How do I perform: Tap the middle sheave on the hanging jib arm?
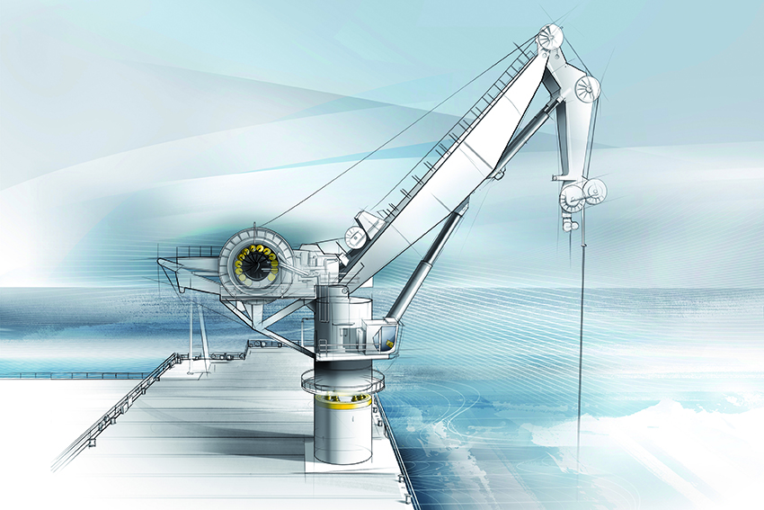click(587, 89)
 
